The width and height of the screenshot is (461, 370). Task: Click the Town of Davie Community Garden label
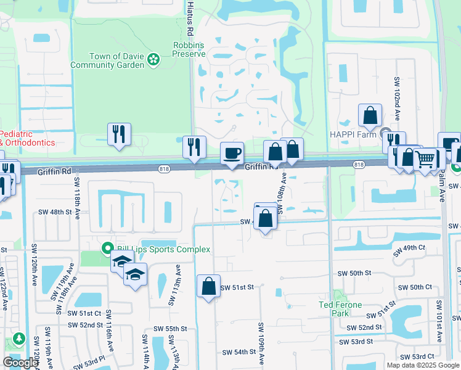(x=108, y=60)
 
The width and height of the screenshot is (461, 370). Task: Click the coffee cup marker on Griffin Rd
(x=232, y=153)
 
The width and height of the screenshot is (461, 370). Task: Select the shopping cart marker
(x=425, y=160)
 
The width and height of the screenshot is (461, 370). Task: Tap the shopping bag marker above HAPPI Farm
(x=370, y=115)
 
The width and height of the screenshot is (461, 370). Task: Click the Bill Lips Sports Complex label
(x=161, y=249)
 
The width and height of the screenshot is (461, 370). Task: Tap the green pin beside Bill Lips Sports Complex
(x=106, y=249)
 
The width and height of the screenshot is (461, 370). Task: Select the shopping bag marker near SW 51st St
(x=208, y=286)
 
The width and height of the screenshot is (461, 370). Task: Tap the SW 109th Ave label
(x=261, y=342)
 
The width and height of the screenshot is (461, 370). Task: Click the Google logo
(x=20, y=363)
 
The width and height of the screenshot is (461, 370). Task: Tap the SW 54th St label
(x=240, y=352)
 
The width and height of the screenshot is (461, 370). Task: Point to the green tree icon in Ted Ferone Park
(x=337, y=296)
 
